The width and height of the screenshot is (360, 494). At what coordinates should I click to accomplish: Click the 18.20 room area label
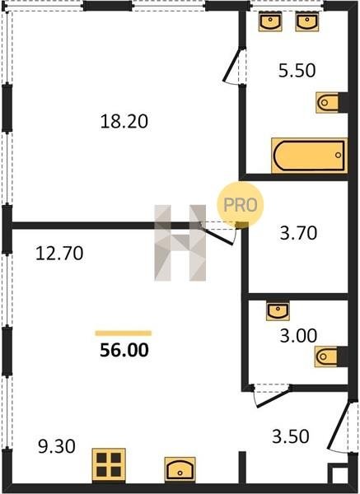tap(124, 122)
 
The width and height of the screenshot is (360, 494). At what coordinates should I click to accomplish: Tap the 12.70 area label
tap(59, 254)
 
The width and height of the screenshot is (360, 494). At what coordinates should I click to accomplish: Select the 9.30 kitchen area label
tap(57, 446)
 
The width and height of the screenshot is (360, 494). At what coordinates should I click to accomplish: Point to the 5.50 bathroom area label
tap(297, 70)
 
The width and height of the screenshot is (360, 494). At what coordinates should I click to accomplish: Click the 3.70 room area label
tap(298, 233)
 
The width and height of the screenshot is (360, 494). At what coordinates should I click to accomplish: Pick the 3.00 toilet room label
tap(298, 336)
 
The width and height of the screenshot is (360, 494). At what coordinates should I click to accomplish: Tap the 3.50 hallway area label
tap(290, 436)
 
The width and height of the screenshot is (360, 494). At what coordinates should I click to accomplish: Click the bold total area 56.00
tap(124, 351)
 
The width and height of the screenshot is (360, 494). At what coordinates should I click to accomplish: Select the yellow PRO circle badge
tap(241, 205)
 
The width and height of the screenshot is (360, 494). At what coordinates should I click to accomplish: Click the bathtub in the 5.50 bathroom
tap(309, 156)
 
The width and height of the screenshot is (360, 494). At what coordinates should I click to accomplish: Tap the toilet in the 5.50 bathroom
tap(328, 102)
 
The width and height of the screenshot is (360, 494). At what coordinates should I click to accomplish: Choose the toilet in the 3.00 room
tap(326, 357)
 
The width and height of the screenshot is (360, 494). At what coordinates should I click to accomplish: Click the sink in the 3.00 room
tap(278, 311)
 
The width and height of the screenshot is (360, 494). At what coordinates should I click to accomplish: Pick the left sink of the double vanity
tap(270, 21)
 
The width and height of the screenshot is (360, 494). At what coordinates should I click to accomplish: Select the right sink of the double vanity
tap(307, 21)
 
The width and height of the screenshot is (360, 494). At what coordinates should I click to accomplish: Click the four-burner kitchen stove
tap(109, 465)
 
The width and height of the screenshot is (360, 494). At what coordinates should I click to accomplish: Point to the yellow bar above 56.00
tap(124, 333)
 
